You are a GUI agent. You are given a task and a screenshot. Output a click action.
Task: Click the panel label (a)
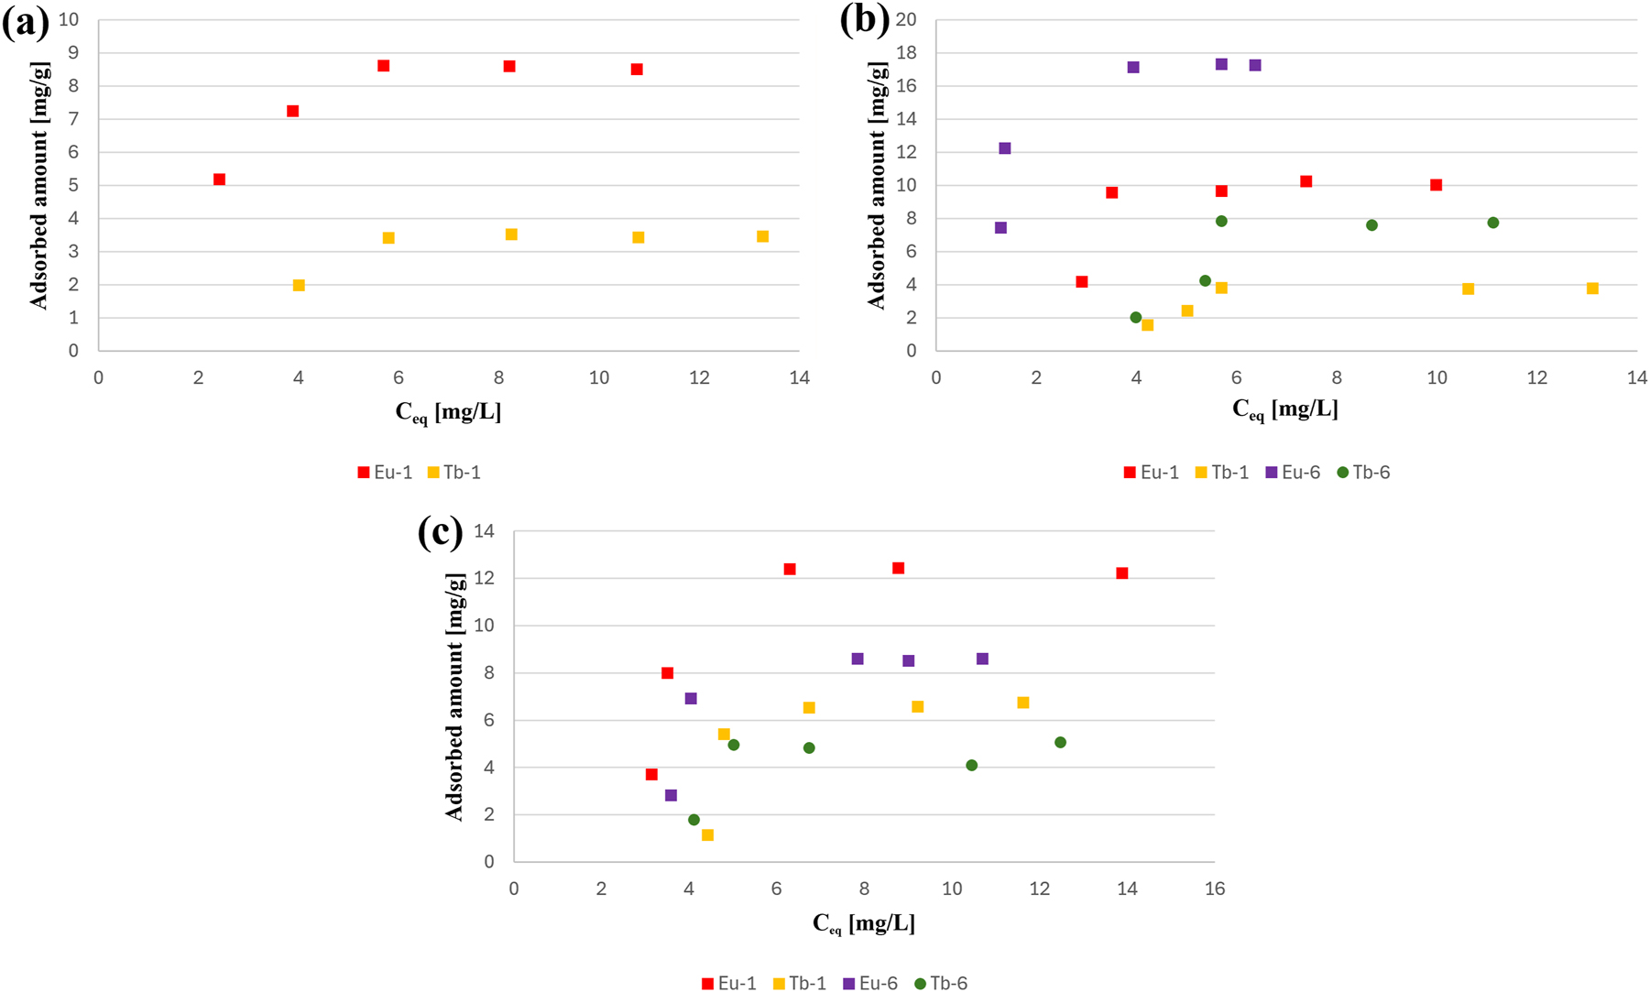(26, 22)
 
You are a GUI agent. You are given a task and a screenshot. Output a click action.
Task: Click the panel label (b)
(864, 20)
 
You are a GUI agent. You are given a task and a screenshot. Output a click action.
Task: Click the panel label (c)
(441, 531)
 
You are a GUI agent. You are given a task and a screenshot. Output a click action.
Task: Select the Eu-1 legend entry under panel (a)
(385, 473)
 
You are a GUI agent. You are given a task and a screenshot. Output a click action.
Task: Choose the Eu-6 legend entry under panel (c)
(869, 983)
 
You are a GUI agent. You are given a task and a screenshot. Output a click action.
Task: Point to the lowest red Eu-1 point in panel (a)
(219, 180)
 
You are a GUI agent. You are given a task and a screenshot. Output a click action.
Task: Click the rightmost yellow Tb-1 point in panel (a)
(762, 236)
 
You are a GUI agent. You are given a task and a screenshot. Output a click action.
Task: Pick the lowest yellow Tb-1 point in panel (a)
(299, 285)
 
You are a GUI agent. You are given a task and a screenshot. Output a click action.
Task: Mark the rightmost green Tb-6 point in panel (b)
(1492, 223)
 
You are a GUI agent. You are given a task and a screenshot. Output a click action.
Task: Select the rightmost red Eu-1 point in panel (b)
(1436, 185)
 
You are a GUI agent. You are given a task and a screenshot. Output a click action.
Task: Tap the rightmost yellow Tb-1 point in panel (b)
(1592, 289)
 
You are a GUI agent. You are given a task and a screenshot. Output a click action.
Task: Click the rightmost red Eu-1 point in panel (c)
(1121, 573)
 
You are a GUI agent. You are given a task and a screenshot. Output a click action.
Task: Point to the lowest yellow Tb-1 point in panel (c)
(707, 834)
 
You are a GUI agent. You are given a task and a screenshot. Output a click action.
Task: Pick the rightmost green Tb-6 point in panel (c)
(1060, 742)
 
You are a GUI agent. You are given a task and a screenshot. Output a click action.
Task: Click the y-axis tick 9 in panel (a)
(73, 53)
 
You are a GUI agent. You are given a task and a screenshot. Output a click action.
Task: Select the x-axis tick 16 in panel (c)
(1214, 888)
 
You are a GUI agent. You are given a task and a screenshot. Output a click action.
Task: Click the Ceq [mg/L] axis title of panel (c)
(863, 923)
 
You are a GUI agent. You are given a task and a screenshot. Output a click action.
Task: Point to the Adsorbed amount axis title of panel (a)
(38, 185)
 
